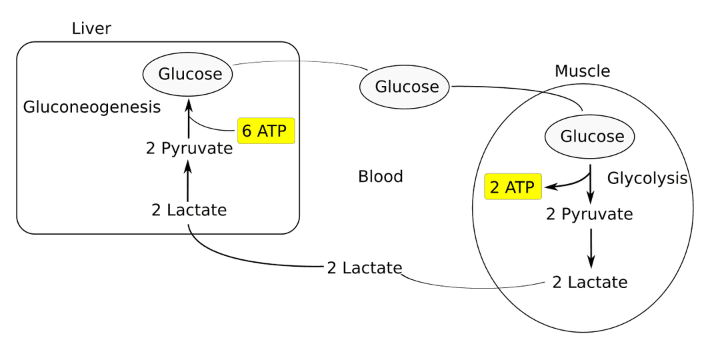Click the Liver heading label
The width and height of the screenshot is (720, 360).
91,29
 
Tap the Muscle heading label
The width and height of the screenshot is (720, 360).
582,71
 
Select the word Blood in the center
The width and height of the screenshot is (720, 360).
381,177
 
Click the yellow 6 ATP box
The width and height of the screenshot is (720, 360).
265,131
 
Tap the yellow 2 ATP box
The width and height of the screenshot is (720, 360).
512,188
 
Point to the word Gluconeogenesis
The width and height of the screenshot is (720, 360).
92,107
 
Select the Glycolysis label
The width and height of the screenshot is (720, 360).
647,178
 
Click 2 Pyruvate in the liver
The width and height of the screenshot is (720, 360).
189,148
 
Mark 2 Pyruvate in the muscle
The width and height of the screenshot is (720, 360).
589,214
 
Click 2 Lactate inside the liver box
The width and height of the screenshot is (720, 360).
189,210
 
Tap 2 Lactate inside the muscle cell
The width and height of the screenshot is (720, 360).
590,282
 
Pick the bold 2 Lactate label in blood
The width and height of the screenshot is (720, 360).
364,268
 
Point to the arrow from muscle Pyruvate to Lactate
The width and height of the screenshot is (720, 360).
591,248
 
